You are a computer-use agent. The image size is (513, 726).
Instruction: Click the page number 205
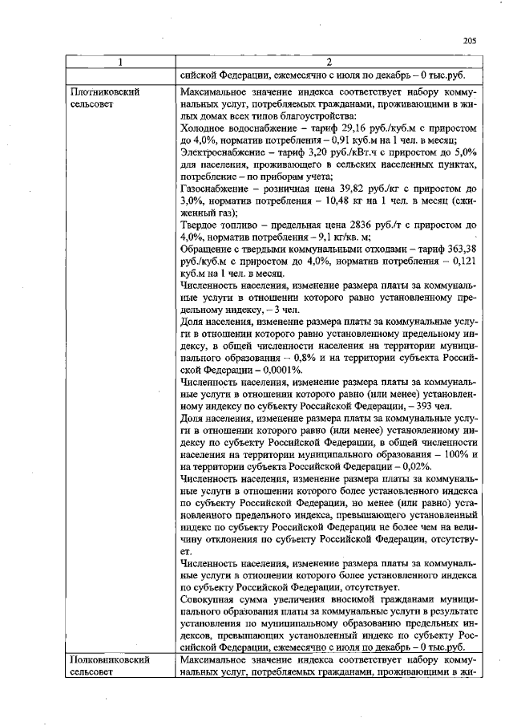click(470, 41)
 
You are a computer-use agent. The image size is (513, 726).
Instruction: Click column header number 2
click(329, 63)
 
